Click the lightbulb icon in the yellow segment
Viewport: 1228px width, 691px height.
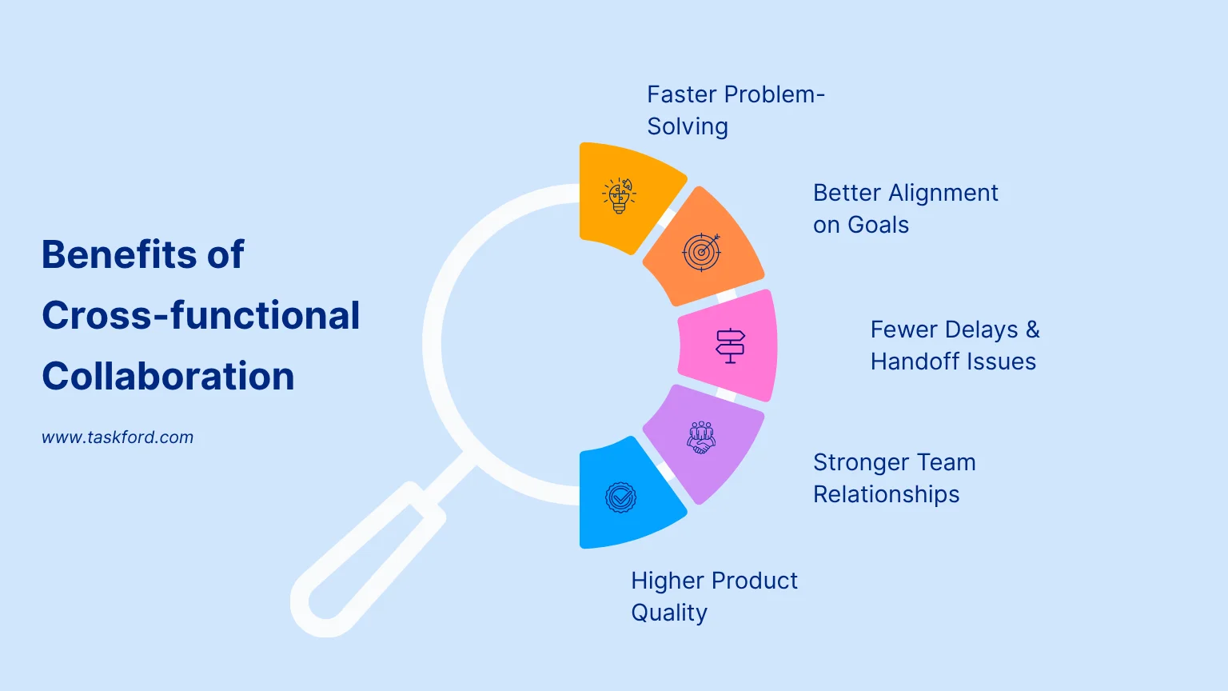click(619, 195)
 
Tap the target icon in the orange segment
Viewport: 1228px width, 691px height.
click(701, 252)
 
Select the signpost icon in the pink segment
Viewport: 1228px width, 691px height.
click(730, 346)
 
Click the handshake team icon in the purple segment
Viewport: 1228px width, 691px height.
click(701, 438)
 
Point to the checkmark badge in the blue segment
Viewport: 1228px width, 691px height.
click(620, 497)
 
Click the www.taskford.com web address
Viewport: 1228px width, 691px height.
click(118, 437)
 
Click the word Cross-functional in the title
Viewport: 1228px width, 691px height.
click(201, 315)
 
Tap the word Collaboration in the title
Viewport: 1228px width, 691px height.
click(168, 376)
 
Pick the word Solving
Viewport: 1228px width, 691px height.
click(688, 126)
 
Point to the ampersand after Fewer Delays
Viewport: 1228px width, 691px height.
click(1033, 330)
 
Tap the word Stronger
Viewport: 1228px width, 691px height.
click(861, 462)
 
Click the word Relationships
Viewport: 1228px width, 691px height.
click(886, 494)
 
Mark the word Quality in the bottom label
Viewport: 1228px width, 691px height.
click(669, 613)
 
